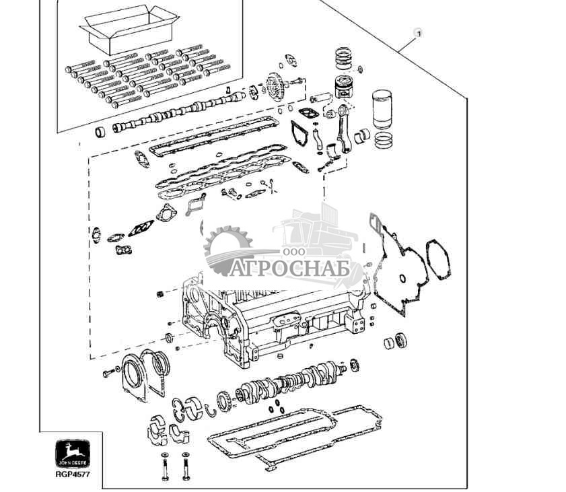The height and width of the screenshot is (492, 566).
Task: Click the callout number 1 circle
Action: point(418,32)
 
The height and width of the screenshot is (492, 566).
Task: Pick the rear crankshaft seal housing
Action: point(143,373)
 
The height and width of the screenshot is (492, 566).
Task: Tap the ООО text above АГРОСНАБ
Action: point(294,252)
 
